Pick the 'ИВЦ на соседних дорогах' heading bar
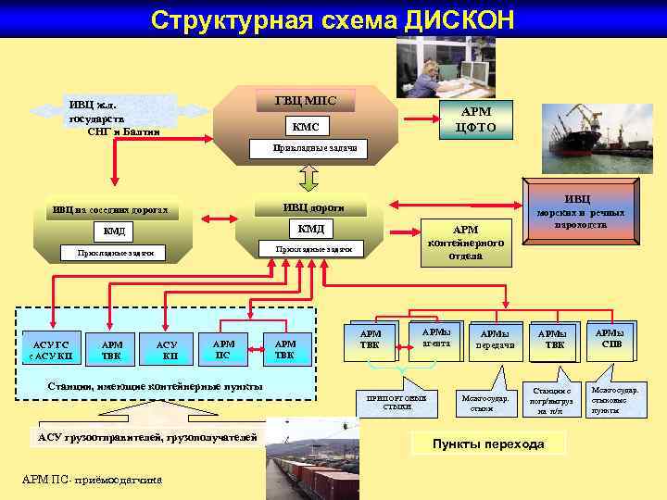tap(110, 210)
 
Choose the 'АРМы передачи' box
tap(499, 341)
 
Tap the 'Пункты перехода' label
tap(489, 444)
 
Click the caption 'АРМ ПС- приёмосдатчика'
tap(92, 480)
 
